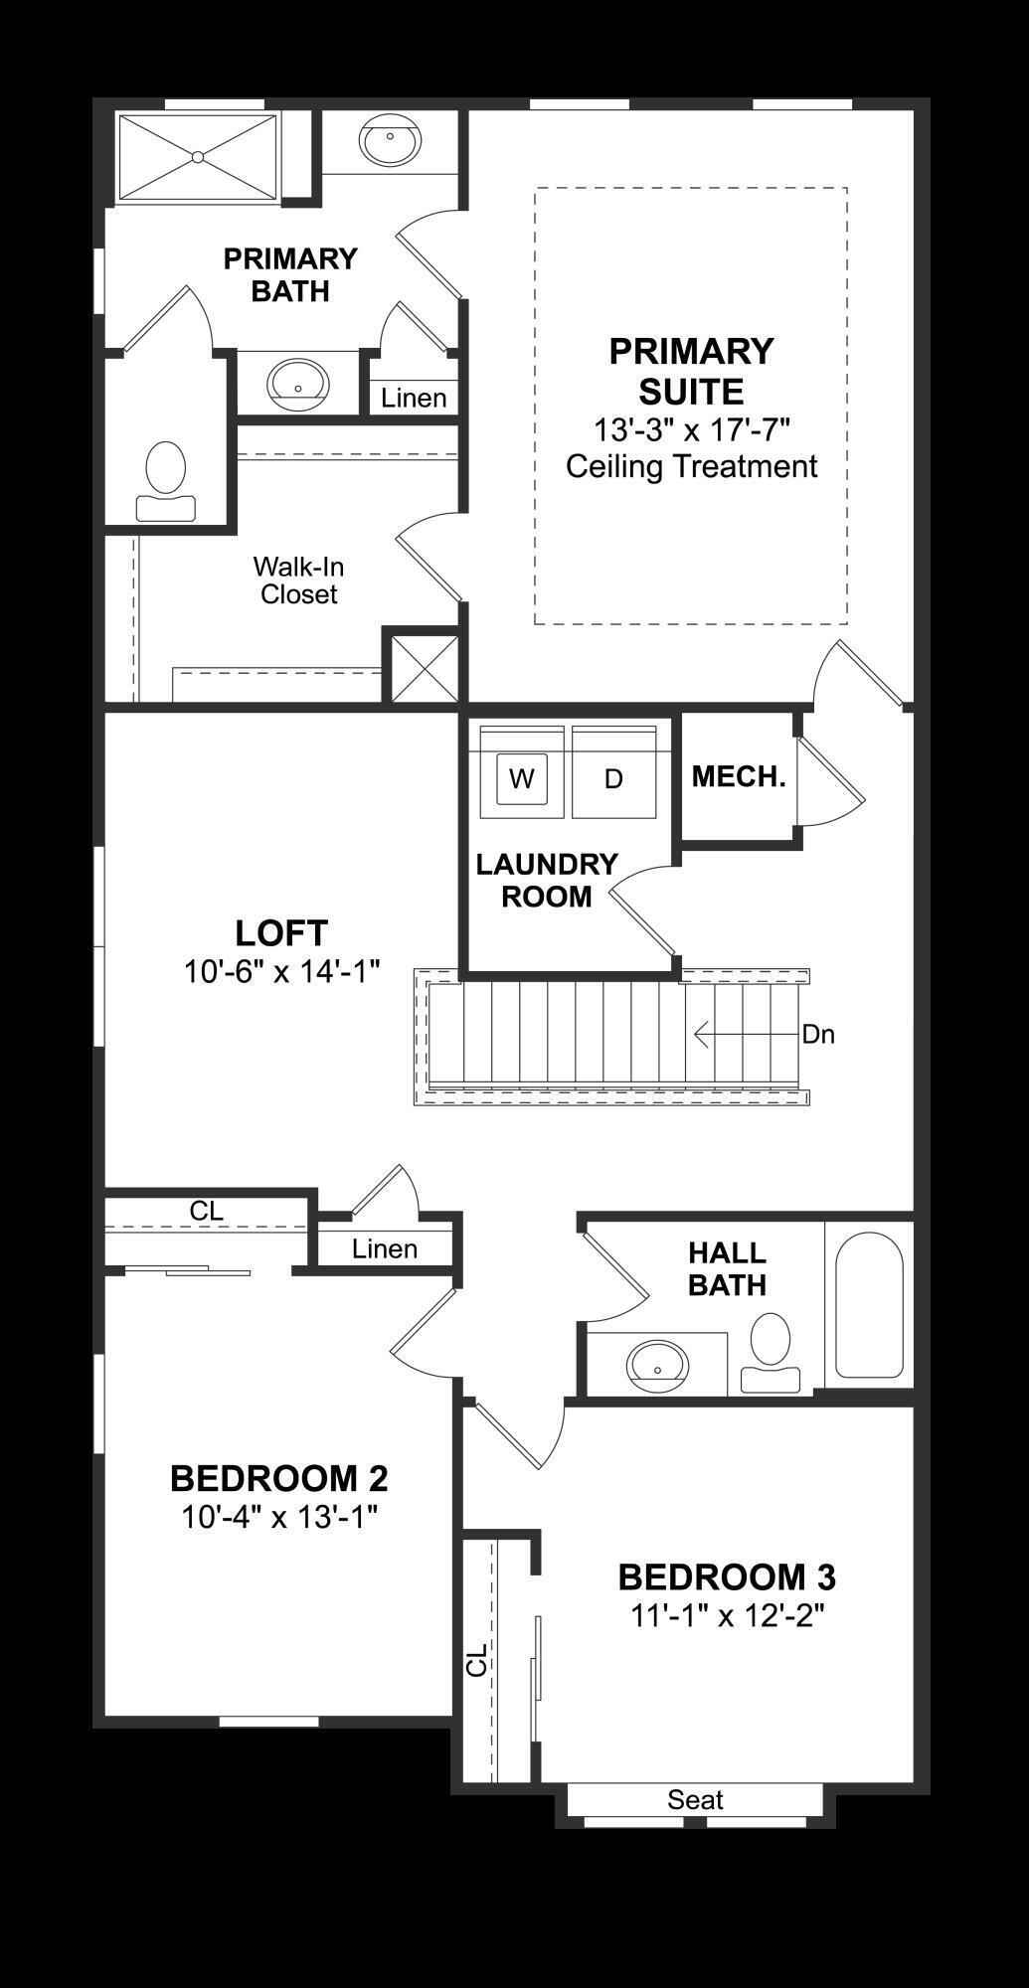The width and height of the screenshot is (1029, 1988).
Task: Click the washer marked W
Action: point(522,778)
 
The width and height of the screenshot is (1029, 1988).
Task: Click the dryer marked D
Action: point(613,778)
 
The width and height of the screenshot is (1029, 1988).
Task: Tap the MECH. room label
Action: point(739,777)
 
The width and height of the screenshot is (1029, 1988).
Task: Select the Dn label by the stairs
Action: point(818,1035)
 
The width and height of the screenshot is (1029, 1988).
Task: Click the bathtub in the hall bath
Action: point(869,1304)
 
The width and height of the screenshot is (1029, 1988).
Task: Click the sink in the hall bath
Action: point(657,1366)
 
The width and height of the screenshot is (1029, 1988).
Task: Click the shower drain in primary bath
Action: point(198,157)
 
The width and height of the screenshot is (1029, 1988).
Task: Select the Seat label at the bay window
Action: point(695,1799)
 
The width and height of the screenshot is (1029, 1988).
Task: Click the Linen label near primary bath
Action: point(414,399)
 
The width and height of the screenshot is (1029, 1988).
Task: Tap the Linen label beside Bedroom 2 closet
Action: point(385,1249)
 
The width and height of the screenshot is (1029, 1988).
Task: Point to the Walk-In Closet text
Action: point(298,580)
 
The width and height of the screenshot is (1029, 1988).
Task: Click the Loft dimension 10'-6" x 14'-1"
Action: point(282,971)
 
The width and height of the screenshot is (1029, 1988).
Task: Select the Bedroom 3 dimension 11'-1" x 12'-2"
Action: point(728,1615)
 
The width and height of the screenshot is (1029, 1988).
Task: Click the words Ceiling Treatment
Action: point(691,466)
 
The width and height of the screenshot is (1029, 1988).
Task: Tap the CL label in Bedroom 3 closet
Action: point(478,1660)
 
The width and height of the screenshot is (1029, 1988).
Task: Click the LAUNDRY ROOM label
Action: point(547,880)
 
